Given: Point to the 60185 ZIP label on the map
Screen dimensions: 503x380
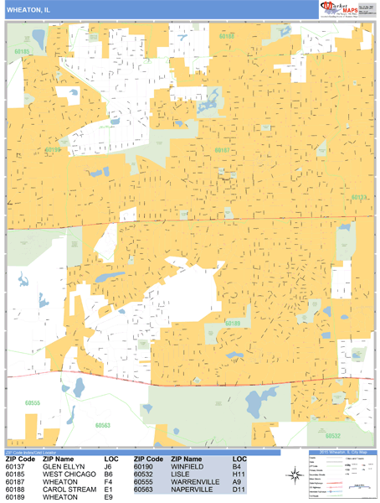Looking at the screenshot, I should tap(22, 52).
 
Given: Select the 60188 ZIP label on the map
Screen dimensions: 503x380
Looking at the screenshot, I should tap(227, 37).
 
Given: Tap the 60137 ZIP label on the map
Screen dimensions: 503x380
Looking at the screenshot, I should tap(359, 198).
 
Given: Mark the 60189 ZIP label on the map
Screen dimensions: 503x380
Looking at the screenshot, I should tap(233, 323).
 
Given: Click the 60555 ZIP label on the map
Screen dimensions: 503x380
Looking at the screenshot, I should tap(33, 402).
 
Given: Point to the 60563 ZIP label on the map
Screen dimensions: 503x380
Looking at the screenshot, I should tap(103, 425).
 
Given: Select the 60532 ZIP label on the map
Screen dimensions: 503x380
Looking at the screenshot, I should tap(332, 436).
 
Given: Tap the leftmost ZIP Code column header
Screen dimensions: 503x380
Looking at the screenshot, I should tap(20, 459).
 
